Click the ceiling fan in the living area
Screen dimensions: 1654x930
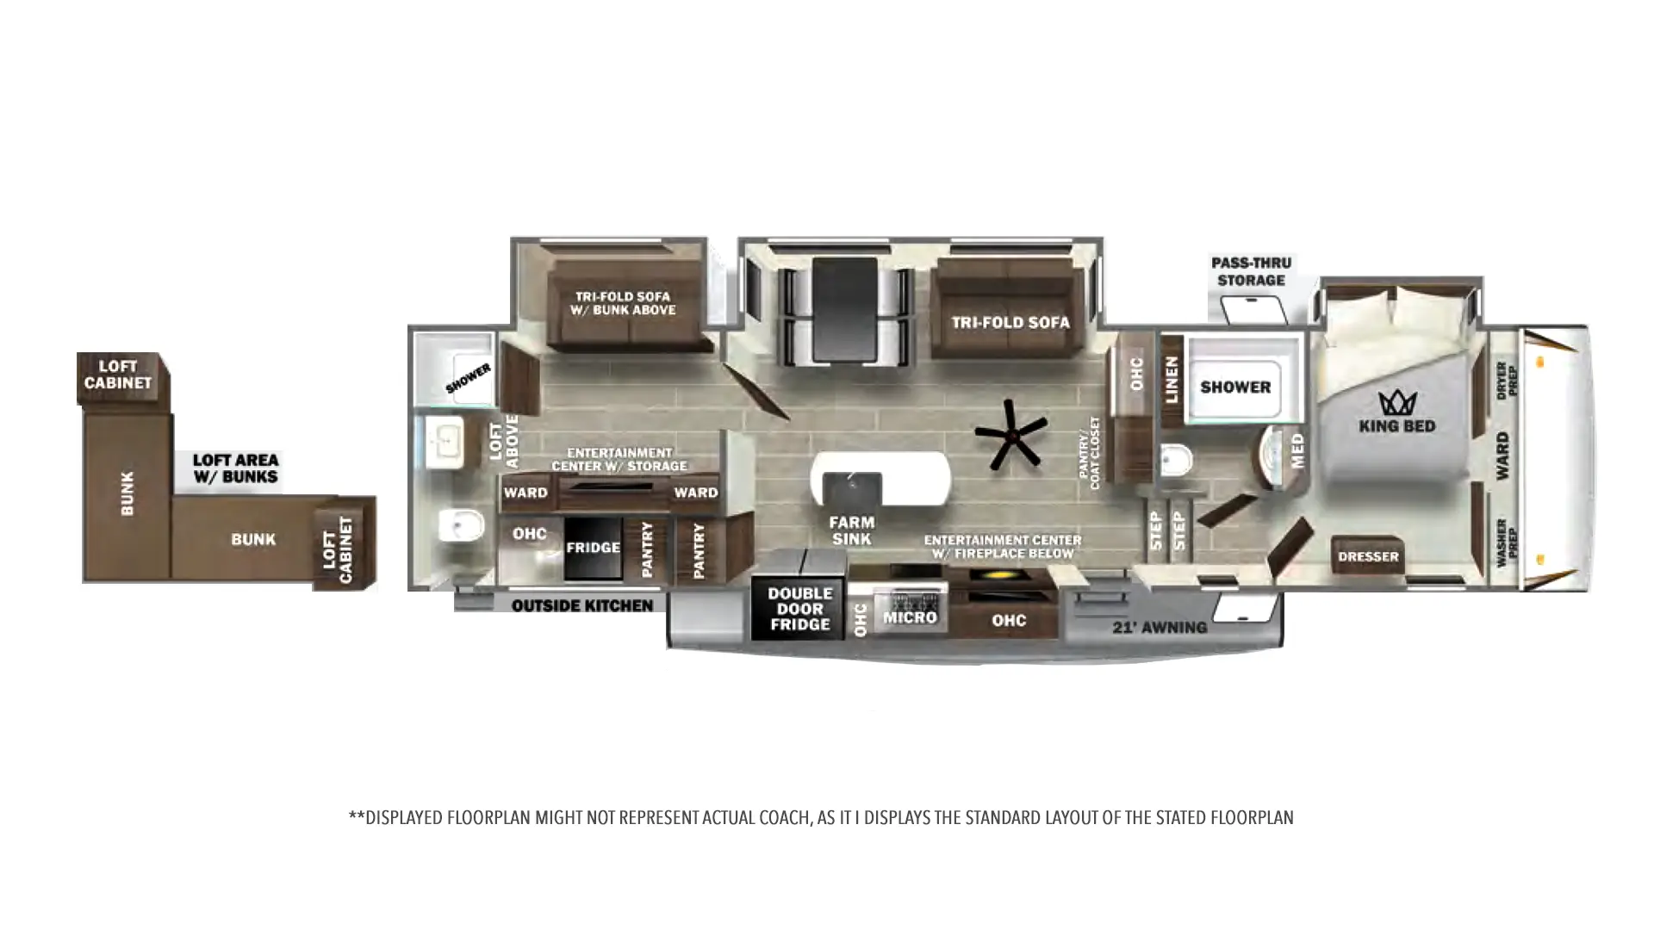point(1011,435)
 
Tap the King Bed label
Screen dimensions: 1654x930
point(1396,425)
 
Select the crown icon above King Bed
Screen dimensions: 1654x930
point(1397,401)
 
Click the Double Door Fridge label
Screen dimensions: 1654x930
point(800,609)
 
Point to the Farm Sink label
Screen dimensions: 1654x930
point(852,530)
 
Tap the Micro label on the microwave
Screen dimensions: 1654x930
point(910,617)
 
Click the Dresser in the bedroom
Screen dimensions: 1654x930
point(1368,556)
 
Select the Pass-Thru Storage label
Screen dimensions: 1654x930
point(1252,271)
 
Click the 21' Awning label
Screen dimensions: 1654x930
point(1160,627)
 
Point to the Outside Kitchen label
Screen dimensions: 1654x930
point(582,606)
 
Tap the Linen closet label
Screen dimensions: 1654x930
point(1172,380)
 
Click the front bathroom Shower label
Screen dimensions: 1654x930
point(1235,387)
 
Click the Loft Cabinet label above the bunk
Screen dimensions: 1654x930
point(118,375)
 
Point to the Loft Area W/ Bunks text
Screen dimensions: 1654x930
point(235,468)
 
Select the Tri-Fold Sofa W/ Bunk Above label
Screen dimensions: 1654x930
point(623,303)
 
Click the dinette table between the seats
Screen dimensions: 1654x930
point(845,310)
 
